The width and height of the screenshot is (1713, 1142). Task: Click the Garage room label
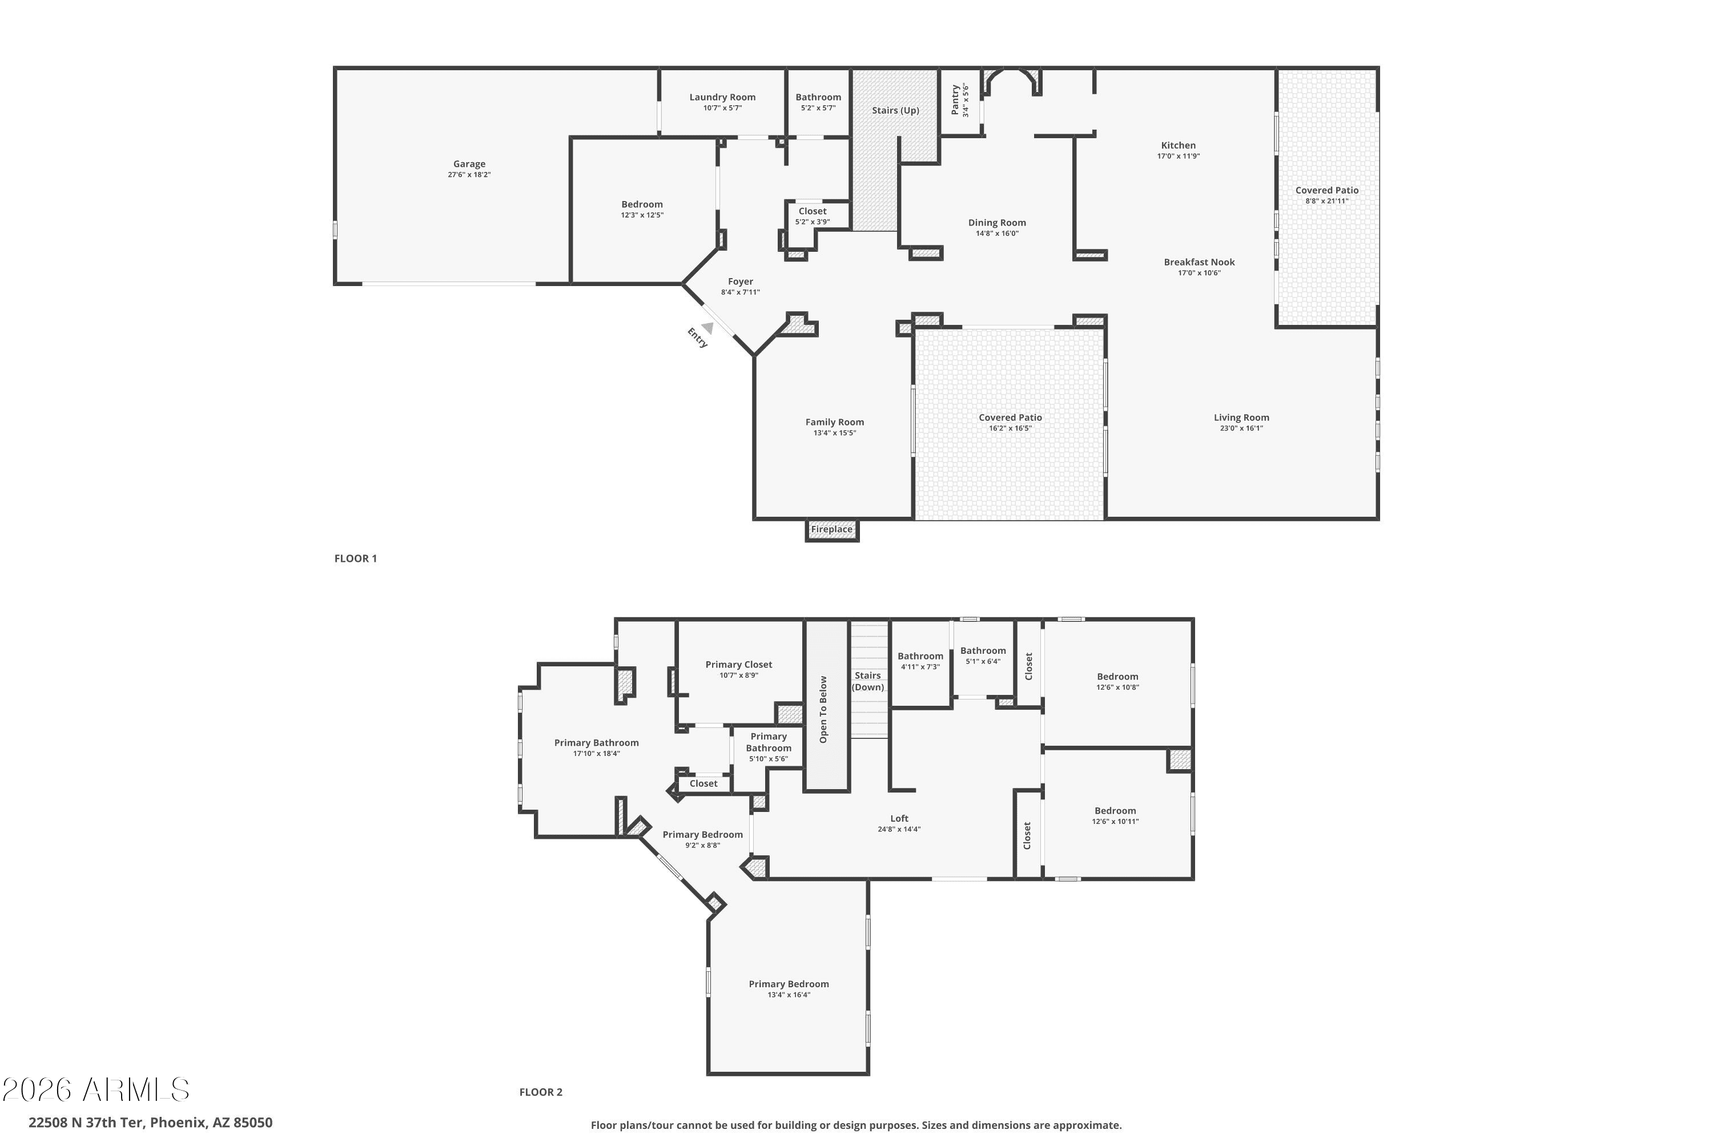click(469, 164)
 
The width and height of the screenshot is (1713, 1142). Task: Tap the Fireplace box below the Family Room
click(832, 530)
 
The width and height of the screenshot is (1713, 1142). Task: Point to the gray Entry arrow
click(707, 328)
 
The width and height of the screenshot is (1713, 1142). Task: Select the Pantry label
click(955, 100)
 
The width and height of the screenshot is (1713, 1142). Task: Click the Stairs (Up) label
click(895, 111)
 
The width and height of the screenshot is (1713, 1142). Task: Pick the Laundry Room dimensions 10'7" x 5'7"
click(722, 108)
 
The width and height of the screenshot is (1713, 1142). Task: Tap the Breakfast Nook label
click(1199, 262)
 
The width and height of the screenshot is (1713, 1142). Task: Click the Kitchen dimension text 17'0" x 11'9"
click(1179, 156)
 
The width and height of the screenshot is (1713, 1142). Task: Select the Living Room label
click(1241, 417)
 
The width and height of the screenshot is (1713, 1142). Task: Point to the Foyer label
click(740, 282)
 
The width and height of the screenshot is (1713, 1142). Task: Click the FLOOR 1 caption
click(355, 558)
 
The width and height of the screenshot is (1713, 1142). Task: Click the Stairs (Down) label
click(868, 682)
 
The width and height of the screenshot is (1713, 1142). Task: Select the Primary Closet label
click(738, 664)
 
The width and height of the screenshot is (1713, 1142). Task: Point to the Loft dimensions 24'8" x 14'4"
click(899, 829)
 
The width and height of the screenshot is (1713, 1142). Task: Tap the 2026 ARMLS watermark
click(95, 1089)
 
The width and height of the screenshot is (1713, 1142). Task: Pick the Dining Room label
click(996, 223)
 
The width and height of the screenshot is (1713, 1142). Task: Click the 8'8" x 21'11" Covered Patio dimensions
click(1326, 201)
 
